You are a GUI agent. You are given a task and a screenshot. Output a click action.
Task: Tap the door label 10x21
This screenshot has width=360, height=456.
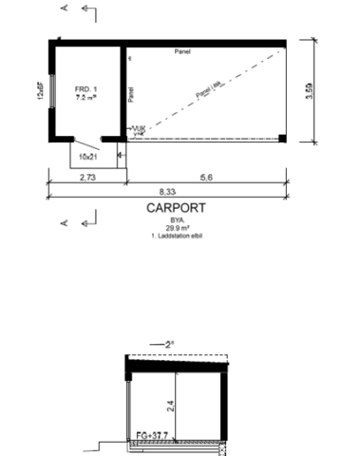point(88,155)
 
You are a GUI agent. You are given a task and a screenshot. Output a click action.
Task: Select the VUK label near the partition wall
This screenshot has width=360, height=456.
point(138,130)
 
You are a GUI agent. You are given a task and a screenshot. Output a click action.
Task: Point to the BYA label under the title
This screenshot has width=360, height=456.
point(172,219)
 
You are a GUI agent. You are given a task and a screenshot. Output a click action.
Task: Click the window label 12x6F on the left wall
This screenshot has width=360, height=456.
point(40,90)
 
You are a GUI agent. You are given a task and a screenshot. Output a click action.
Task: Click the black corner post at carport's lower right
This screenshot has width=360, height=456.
point(282,139)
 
